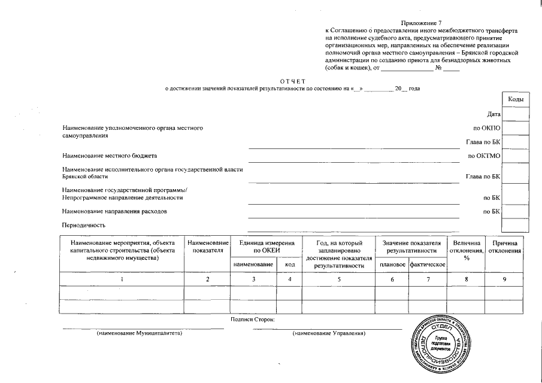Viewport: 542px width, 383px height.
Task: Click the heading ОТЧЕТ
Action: [x=293, y=81]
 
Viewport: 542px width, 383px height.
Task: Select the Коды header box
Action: [x=516, y=99]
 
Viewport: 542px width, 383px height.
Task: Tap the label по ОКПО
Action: [x=486, y=128]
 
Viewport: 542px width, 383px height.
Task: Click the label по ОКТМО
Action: [x=484, y=156]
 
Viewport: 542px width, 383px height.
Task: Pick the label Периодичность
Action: [x=84, y=226]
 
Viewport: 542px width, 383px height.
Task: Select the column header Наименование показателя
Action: [x=208, y=247]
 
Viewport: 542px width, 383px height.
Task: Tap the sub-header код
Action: [x=289, y=265]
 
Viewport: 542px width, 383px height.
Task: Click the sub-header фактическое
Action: [x=427, y=265]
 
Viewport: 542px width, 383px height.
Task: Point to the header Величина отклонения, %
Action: [x=467, y=250]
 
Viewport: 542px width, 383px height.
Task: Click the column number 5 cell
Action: [x=339, y=279]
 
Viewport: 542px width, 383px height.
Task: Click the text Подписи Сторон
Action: [x=252, y=320]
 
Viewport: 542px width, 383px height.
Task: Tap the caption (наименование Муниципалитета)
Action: [x=140, y=333]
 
